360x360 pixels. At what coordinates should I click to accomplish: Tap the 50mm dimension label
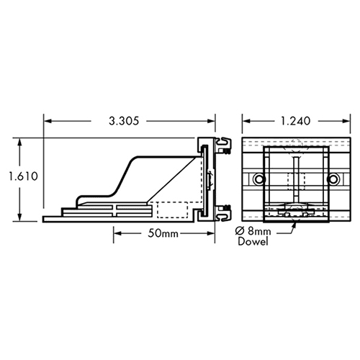164,234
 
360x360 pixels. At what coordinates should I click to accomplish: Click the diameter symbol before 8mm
243,230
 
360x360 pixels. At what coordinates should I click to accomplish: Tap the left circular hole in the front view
257,178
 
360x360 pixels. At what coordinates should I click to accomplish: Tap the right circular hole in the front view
333,178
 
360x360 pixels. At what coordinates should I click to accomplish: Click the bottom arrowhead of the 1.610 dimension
19,219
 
